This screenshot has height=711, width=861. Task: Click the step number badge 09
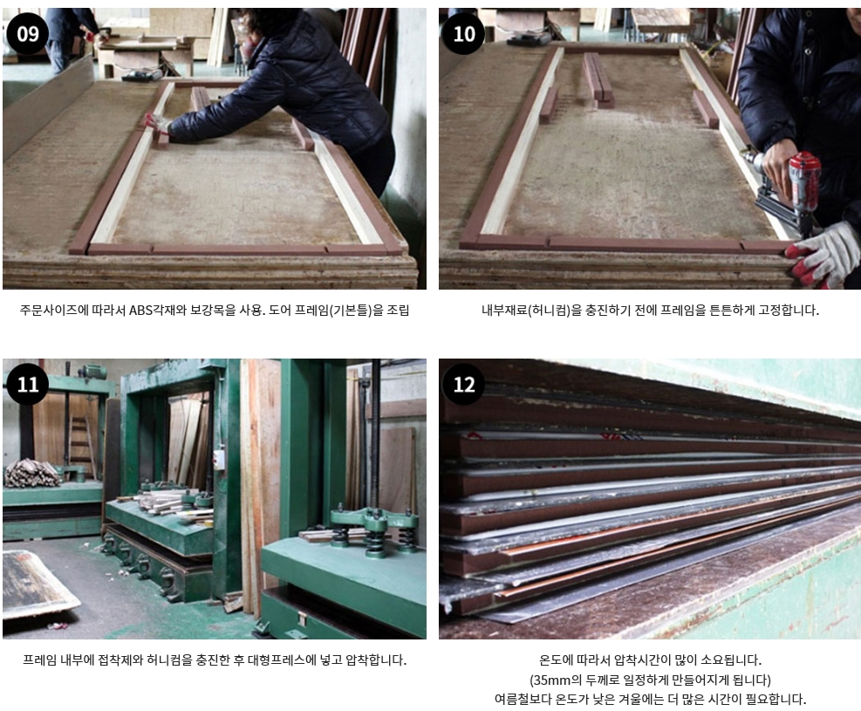[28, 34]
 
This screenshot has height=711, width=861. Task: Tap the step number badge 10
[464, 34]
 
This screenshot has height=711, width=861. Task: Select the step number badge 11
[28, 385]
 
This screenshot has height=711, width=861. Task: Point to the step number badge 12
[464, 385]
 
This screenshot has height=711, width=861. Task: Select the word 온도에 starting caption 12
[557, 660]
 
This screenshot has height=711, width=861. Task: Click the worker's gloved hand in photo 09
[156, 124]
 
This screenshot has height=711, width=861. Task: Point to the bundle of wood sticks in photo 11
[32, 473]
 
